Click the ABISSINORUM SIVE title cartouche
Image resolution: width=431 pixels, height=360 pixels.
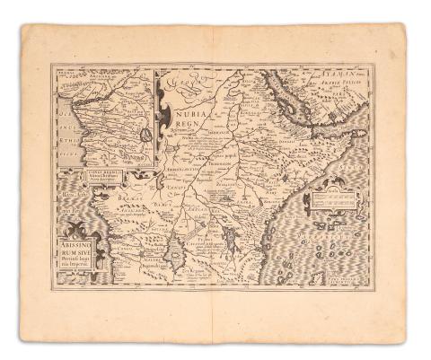pyautogui.click(x=82, y=260)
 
